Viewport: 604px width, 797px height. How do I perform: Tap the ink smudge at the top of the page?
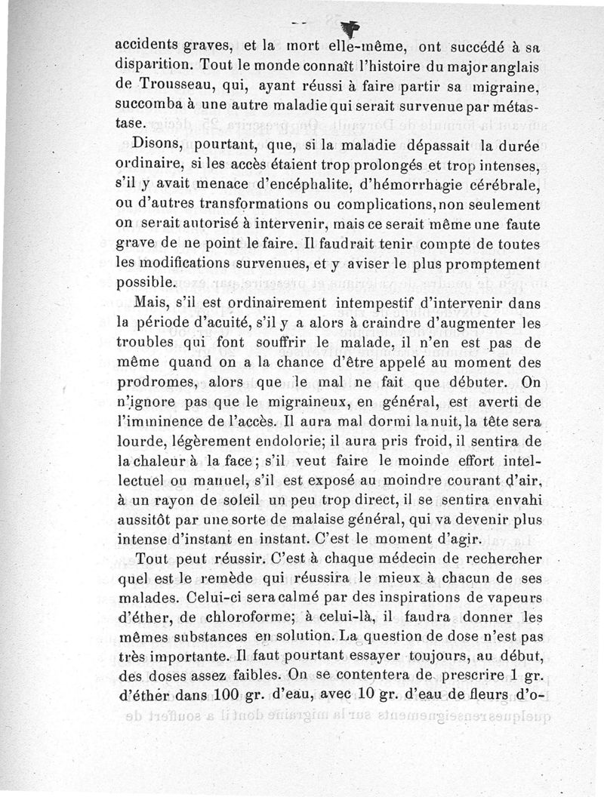pyautogui.click(x=350, y=27)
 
